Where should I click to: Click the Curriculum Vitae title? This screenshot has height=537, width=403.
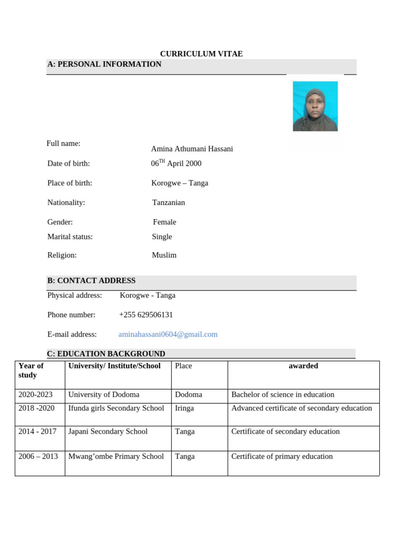[x=201, y=54]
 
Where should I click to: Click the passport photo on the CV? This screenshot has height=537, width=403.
[x=315, y=106]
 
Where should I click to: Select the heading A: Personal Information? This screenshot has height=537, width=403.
[x=104, y=65]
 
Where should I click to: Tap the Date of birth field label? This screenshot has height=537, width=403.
[x=69, y=164]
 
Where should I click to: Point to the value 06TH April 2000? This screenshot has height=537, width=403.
[x=176, y=164]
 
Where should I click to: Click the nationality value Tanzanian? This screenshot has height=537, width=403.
[x=168, y=202]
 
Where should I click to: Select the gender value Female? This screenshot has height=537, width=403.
[x=164, y=222]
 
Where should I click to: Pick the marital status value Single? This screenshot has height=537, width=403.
[x=162, y=237]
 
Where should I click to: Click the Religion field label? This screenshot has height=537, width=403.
[x=62, y=255]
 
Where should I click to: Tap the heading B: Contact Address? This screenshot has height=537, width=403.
[x=91, y=281]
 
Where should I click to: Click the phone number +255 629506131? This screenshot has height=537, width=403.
[x=146, y=315]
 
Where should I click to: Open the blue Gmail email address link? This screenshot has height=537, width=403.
[x=168, y=335]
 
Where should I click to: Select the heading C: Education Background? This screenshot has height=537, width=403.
[x=106, y=354]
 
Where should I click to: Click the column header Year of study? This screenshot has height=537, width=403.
[x=31, y=370]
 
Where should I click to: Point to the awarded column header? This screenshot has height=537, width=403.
[x=303, y=366]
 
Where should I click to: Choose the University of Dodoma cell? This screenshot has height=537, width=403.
[x=104, y=395]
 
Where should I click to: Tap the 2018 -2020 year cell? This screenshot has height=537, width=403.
[x=36, y=409]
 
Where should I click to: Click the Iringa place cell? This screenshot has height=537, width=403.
[x=184, y=409]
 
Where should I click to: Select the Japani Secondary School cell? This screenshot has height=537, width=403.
[x=108, y=432]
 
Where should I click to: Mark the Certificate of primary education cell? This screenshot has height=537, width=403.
[x=282, y=457]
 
